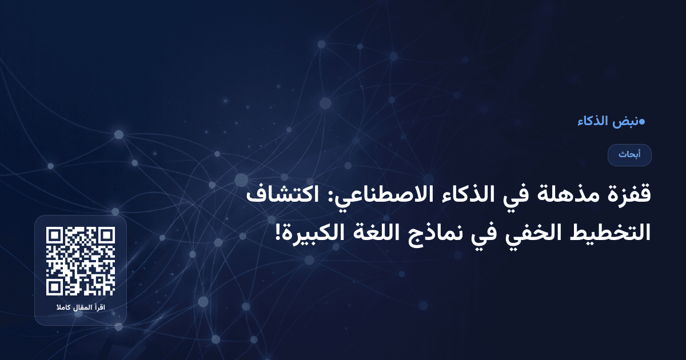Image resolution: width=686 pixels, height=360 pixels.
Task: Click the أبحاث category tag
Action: tap(629, 155)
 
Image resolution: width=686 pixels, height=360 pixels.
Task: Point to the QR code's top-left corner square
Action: tap(54, 235)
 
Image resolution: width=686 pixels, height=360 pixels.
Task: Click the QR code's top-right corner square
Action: tap(107, 235)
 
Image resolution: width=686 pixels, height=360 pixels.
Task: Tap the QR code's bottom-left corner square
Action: tap(54, 287)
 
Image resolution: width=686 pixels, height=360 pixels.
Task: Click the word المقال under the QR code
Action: tap(80, 309)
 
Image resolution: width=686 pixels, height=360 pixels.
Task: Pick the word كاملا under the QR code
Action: tap(62, 309)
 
